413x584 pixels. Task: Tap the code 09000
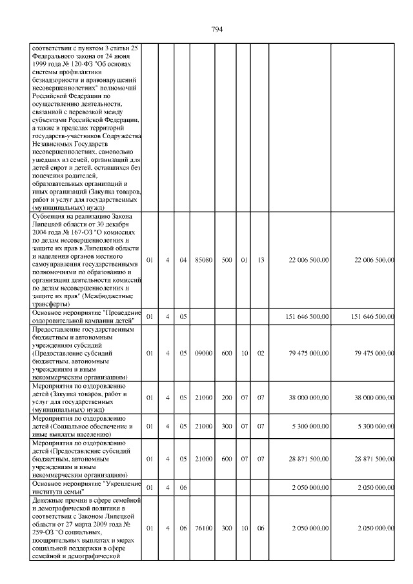[203, 353]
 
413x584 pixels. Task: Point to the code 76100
[203, 528]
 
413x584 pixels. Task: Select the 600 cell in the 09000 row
[227, 353]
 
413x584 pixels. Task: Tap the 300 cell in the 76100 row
[227, 528]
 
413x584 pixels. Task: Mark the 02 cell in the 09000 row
[261, 353]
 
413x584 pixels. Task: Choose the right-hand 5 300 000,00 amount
[374, 426]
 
